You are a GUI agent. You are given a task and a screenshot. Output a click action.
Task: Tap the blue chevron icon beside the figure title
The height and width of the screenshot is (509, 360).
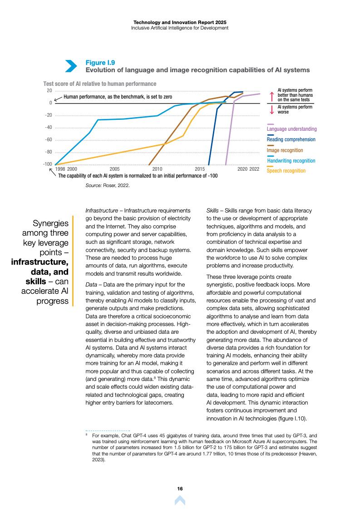(x=71, y=66)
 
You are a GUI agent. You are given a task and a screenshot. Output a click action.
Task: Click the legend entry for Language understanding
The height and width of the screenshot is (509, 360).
(x=291, y=129)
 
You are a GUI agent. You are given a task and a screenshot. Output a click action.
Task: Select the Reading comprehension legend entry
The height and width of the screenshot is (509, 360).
(x=291, y=139)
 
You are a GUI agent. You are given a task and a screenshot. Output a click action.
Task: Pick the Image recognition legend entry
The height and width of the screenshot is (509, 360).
(x=285, y=150)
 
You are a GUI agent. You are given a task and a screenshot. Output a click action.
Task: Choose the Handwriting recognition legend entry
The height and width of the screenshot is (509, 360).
(x=291, y=160)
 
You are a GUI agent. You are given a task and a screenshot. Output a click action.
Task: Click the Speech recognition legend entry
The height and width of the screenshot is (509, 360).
(x=286, y=171)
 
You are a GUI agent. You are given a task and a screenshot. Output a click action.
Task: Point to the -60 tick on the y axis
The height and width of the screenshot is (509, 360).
(x=49, y=139)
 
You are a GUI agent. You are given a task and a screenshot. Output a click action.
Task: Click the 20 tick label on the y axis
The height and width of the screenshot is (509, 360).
(x=49, y=90)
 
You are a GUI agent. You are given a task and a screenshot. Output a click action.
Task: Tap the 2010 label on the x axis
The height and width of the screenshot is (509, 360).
(x=158, y=168)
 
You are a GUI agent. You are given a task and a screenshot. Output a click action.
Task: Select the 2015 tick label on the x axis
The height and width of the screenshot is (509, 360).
(x=200, y=168)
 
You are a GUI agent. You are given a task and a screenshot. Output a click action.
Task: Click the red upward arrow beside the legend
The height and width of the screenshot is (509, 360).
(x=271, y=96)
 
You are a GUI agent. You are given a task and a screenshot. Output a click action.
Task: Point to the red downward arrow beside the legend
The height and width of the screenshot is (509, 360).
(x=271, y=109)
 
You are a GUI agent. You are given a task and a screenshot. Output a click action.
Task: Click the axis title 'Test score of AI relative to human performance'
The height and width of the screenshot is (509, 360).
(x=100, y=84)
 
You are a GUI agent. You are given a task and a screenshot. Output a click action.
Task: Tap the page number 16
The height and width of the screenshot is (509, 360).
(x=180, y=488)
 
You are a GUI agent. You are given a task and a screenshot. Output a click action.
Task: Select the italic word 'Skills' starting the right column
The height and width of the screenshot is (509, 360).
(x=212, y=211)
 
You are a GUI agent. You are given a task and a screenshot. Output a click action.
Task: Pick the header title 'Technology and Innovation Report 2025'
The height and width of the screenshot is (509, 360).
(x=180, y=22)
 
